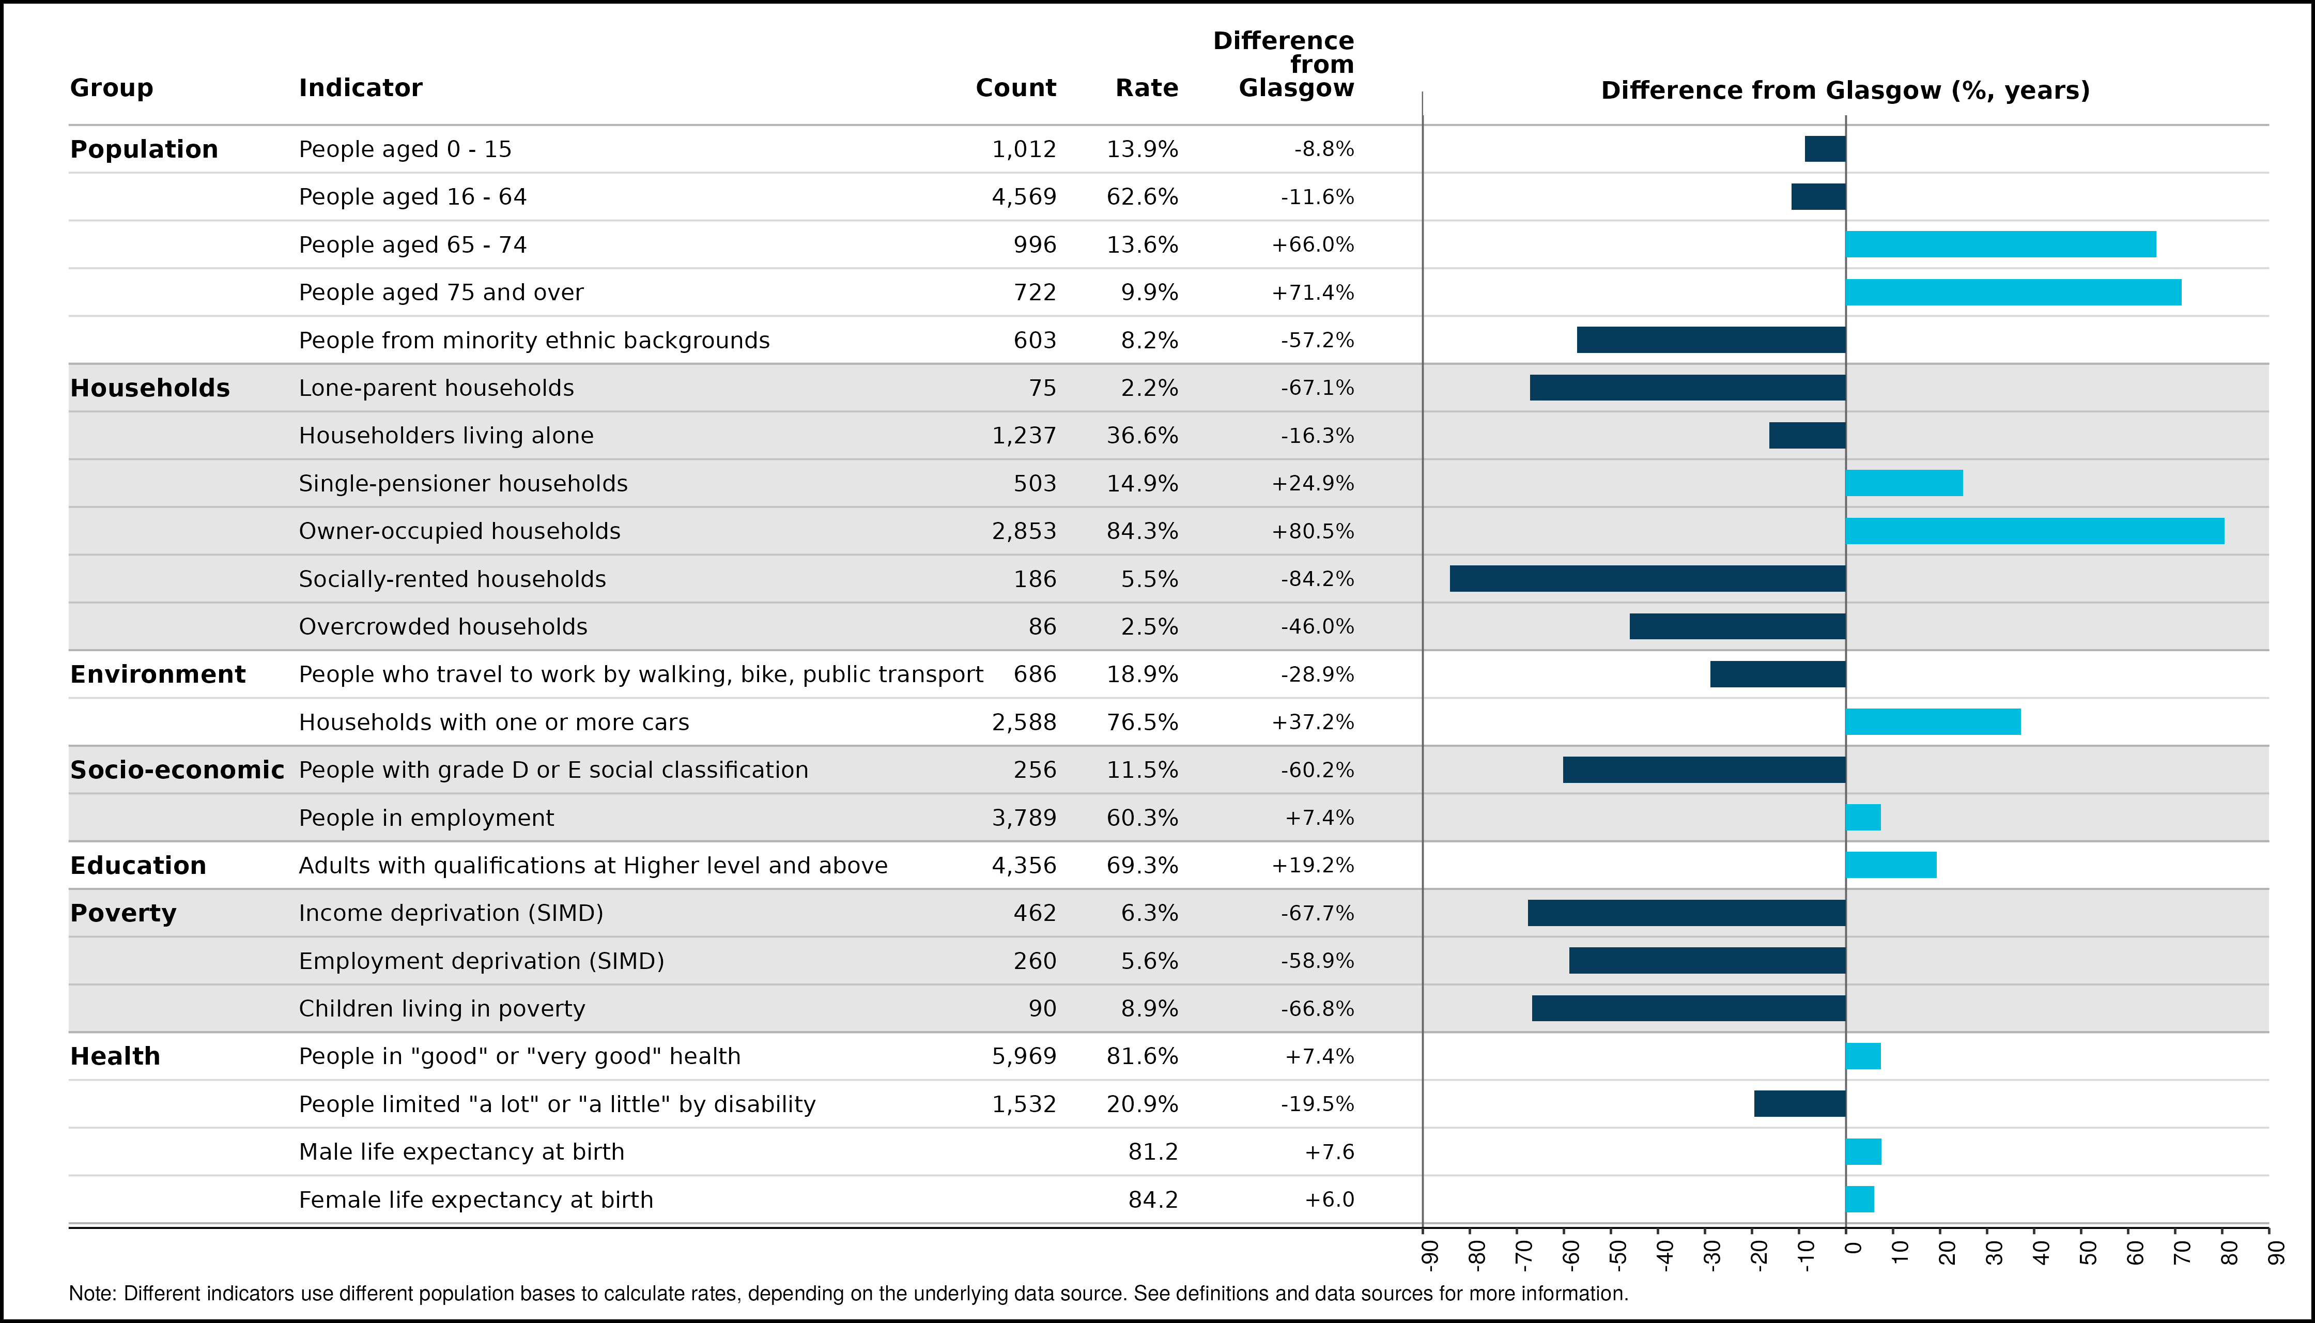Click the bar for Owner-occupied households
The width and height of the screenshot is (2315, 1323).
(2034, 531)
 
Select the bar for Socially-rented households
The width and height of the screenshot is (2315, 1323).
(1647, 579)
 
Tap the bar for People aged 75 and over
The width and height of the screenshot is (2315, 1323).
(2013, 293)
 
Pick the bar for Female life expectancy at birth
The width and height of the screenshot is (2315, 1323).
(1860, 1199)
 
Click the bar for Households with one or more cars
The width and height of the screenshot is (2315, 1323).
(1934, 721)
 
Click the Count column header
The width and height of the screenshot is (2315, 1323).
(1016, 88)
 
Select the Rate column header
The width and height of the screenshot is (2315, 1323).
(1147, 88)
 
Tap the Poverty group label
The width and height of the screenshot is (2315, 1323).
(124, 913)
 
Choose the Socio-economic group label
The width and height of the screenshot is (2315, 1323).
(177, 770)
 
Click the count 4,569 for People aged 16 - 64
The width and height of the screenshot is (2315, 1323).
(1024, 197)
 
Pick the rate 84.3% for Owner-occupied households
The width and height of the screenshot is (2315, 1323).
(1142, 531)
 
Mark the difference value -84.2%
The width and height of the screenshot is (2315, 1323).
(1317, 579)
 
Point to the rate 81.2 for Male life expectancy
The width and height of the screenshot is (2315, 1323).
(1153, 1152)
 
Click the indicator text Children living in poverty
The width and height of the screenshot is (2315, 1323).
(442, 1009)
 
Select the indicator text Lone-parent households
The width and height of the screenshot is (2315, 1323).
(436, 388)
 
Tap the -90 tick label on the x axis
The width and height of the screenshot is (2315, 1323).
(1429, 1254)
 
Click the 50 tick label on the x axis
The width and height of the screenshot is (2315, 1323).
(2088, 1253)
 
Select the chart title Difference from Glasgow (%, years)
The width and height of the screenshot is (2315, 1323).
(1845, 91)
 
